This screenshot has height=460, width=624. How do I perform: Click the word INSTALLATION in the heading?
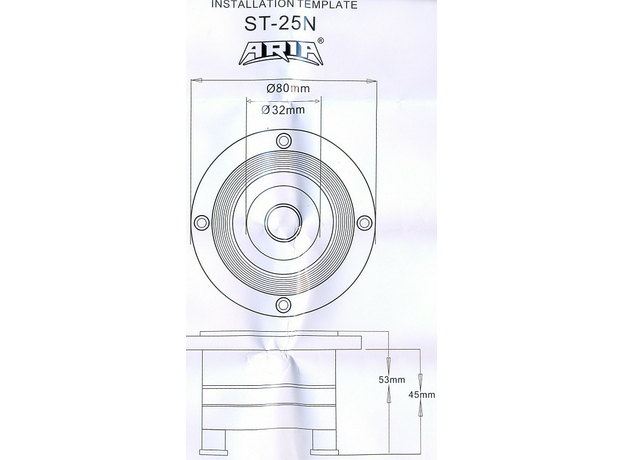click(x=246, y=5)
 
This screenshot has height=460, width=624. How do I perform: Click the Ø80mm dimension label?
click(x=283, y=92)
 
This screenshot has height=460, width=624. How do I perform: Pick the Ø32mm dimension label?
click(x=284, y=111)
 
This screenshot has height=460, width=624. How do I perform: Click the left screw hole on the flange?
click(x=200, y=221)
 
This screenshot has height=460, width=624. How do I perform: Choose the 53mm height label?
click(x=392, y=380)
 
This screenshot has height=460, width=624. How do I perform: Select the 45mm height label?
click(x=423, y=395)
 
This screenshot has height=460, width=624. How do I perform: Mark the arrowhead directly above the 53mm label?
click(x=392, y=365)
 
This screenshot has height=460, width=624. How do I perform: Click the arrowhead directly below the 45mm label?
click(x=423, y=410)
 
